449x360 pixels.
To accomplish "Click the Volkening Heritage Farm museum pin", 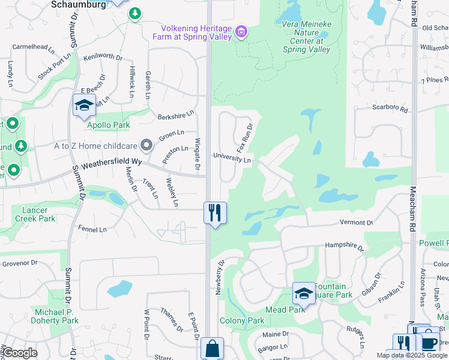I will click(x=241, y=31).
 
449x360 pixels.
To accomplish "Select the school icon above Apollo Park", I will click(x=84, y=106).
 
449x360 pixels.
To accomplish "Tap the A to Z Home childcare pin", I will click(x=146, y=145).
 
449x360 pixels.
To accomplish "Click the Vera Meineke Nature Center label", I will click(x=306, y=37).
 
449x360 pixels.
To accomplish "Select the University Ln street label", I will click(x=232, y=159).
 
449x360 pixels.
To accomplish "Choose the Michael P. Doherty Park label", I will click(x=56, y=316).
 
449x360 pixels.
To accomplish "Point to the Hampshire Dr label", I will click(x=345, y=246).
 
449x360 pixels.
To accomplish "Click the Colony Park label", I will click(x=242, y=321).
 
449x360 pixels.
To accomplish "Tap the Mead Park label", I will click(x=286, y=310).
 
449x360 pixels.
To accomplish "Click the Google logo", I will click(x=19, y=353).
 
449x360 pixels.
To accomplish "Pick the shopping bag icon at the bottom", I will click(x=212, y=348).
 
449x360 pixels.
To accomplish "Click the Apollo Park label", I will click(x=109, y=125).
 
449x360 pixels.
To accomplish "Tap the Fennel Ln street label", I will click(x=92, y=229).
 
